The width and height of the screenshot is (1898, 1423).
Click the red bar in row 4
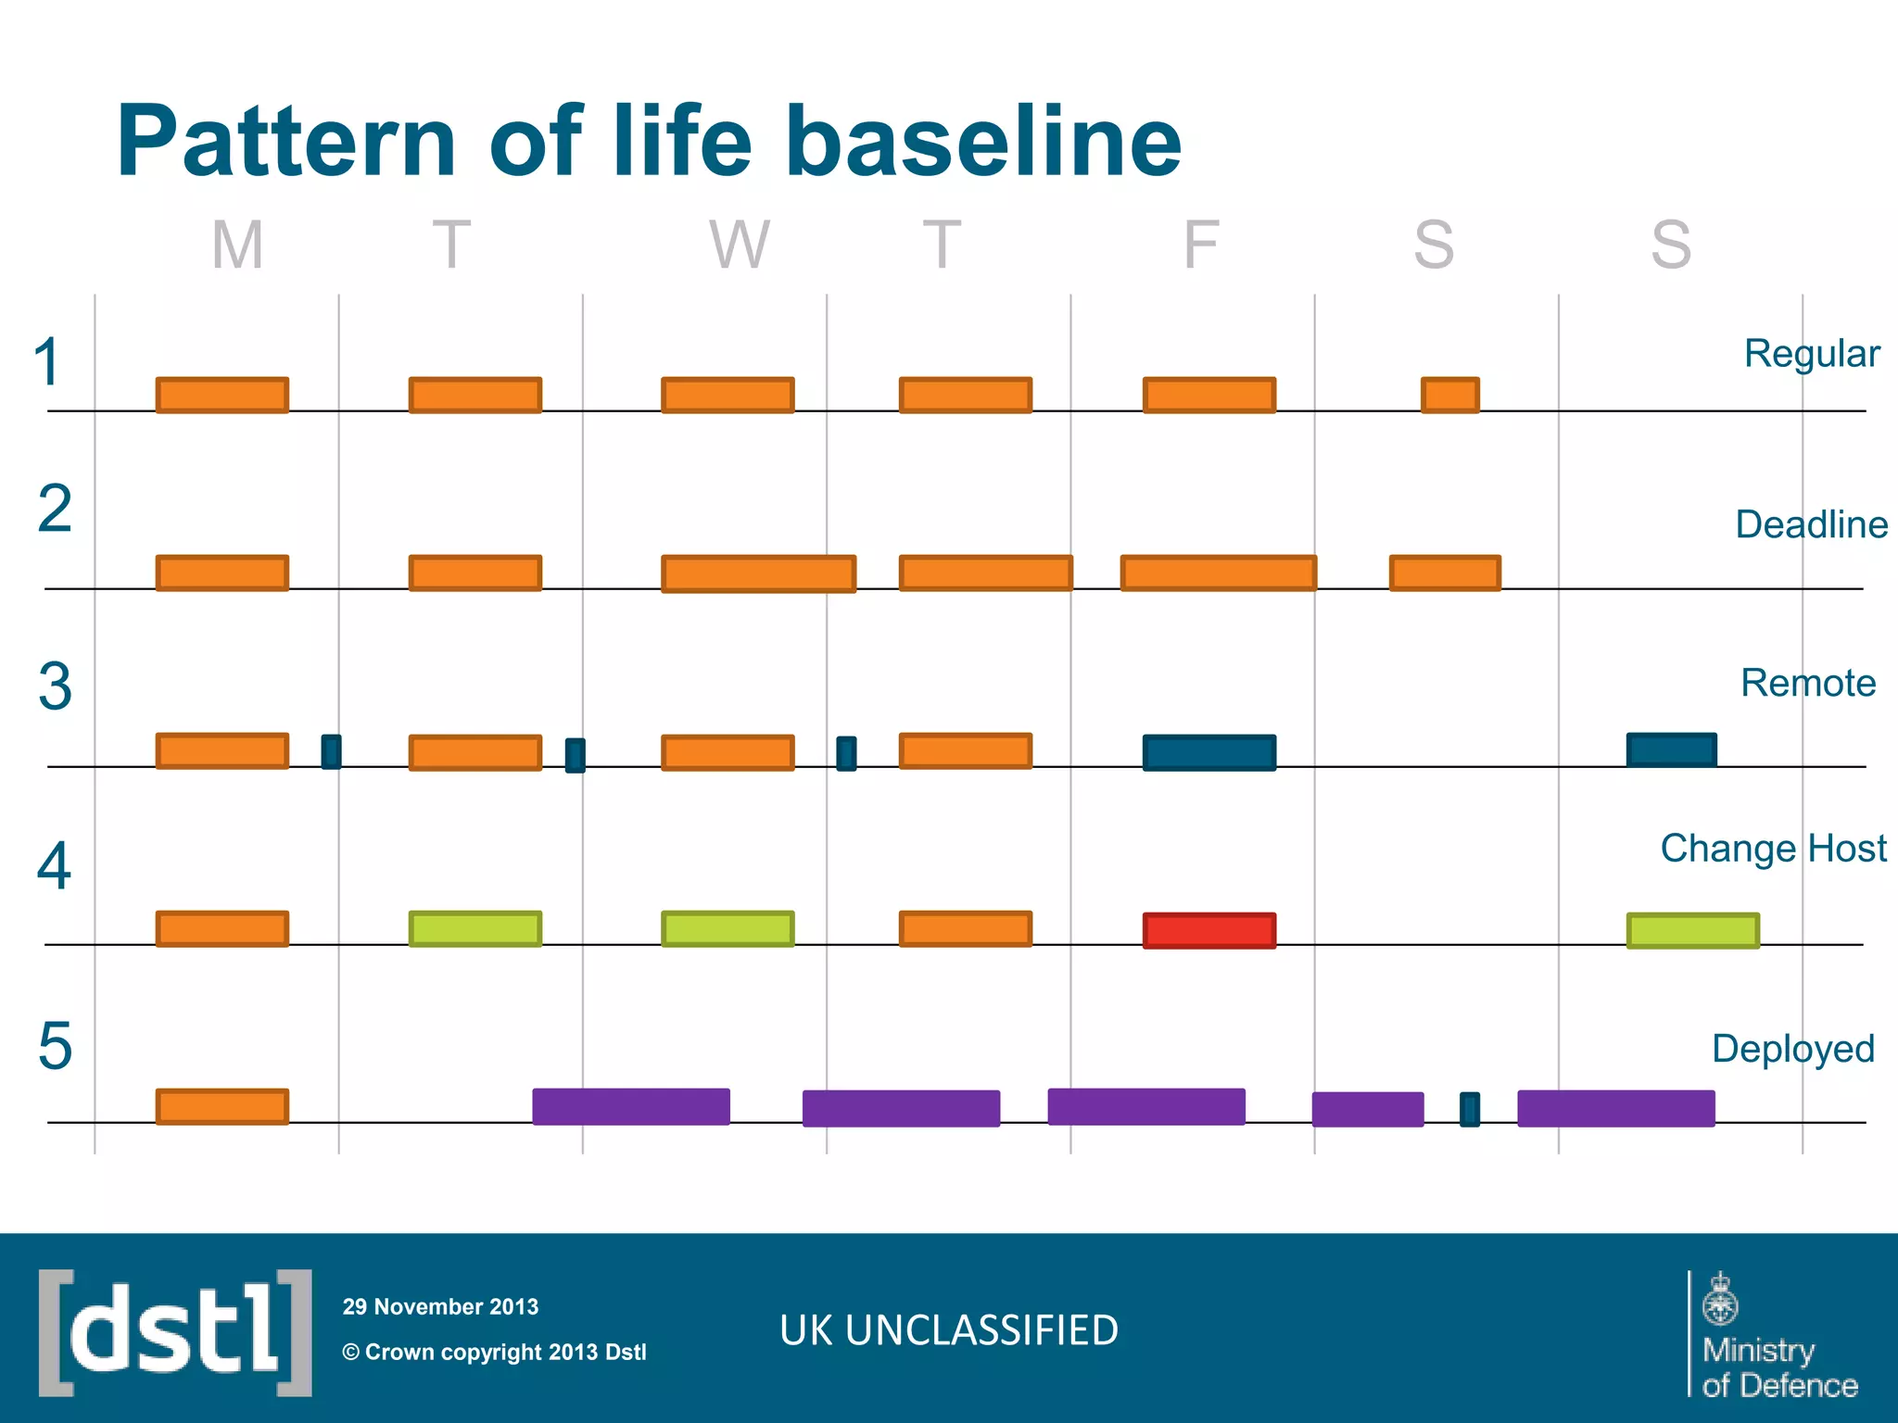pyautogui.click(x=1209, y=930)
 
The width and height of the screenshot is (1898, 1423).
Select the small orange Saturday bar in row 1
pyautogui.click(x=1450, y=395)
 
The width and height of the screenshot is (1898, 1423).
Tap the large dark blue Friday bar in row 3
pyautogui.click(x=1209, y=752)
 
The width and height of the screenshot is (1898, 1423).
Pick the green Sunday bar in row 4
pyautogui.click(x=1693, y=930)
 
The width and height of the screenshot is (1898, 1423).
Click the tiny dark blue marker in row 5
pyautogui.click(x=1470, y=1109)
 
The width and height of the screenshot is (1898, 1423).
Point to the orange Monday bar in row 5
pyautogui.click(x=222, y=1106)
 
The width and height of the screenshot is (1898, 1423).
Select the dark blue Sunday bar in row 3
pyautogui.click(x=1672, y=749)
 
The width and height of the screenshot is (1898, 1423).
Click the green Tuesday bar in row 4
pyautogui.click(x=475, y=928)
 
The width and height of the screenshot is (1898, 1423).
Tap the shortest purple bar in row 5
pyautogui.click(x=1368, y=1109)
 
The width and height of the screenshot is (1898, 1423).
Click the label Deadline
pyautogui.click(x=1811, y=524)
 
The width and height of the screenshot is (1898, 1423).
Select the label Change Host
pyautogui.click(x=1773, y=848)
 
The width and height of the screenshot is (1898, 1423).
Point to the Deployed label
pyautogui.click(x=1792, y=1049)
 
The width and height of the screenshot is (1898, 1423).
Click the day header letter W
pyautogui.click(x=740, y=246)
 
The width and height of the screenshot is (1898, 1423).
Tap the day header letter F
pyautogui.click(x=1201, y=246)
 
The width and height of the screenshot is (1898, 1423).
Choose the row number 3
pyautogui.click(x=55, y=687)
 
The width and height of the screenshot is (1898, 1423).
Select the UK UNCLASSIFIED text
pyautogui.click(x=949, y=1330)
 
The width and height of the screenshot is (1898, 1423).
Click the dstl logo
pyautogui.click(x=175, y=1332)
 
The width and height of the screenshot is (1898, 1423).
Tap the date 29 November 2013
pyautogui.click(x=440, y=1306)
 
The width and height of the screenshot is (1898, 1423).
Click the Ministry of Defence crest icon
pyautogui.click(x=1721, y=1299)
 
